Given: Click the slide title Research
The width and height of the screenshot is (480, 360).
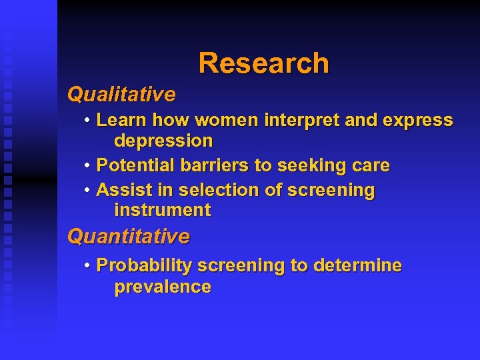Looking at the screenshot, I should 263,63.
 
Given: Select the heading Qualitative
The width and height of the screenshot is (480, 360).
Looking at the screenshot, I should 121,95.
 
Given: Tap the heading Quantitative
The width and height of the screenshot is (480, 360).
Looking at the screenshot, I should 129,237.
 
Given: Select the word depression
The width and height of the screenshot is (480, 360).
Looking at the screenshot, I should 163,141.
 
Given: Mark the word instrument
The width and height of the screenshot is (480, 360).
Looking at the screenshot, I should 162,211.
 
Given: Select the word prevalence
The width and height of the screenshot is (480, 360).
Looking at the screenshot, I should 163,287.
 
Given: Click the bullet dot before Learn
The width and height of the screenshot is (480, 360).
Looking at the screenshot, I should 88,121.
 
